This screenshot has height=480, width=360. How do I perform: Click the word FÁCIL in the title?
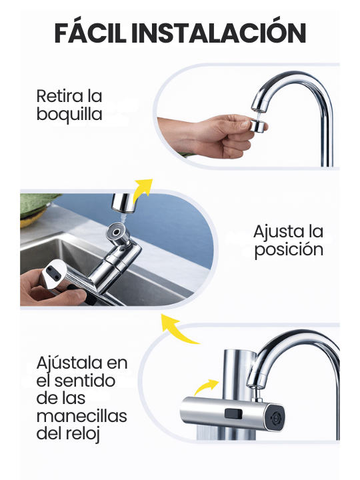coord(90,33)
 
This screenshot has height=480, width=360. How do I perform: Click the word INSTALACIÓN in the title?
coord(219,33)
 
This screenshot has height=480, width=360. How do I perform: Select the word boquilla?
coord(69,115)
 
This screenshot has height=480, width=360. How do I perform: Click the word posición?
coord(289,249)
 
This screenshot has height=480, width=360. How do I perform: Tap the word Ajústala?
coord(69,363)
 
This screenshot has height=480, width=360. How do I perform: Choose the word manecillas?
coord(82,416)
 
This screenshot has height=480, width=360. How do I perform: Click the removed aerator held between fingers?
coord(259,126)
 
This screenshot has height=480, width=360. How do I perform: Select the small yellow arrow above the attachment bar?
coord(205,386)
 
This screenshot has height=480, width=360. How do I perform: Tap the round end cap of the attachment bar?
coord(276,417)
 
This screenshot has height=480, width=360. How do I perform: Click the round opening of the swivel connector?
coord(116,231)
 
